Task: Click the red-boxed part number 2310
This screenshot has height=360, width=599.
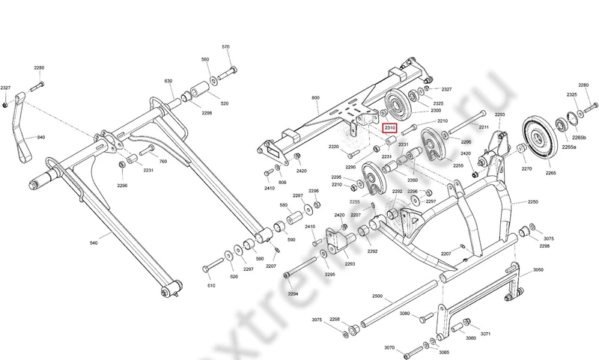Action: [x=389, y=128]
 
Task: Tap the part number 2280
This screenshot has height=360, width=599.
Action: [x=39, y=69]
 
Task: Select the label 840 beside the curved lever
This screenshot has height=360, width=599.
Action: [x=40, y=138]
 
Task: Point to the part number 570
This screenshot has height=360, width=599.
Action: [x=225, y=47]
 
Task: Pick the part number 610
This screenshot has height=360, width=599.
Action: [x=212, y=286]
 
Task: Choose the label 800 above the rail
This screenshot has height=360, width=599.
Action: [x=315, y=98]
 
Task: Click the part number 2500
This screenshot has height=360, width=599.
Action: [x=377, y=296]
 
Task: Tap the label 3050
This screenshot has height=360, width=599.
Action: [x=538, y=270]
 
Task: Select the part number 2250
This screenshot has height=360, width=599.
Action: [x=532, y=202]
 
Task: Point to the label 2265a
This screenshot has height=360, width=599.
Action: [x=570, y=147]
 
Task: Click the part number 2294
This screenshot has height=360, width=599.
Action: [x=293, y=293]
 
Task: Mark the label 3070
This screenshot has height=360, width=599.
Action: [x=389, y=347]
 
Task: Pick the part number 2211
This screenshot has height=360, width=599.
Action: [x=484, y=128]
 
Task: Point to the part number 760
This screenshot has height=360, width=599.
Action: [x=163, y=161]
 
